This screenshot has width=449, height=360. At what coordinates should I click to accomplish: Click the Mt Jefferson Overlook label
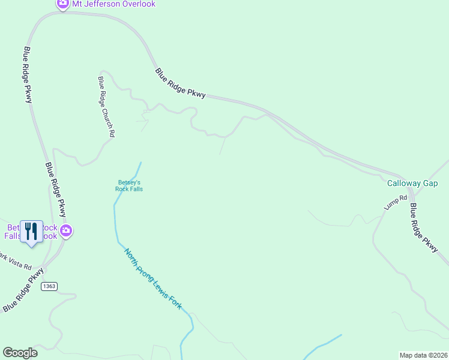113,4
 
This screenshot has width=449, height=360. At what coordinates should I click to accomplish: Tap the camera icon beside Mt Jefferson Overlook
62,4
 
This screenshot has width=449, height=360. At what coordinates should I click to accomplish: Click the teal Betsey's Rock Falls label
129,185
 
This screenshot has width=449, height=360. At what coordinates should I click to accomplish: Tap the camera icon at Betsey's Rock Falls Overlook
66,230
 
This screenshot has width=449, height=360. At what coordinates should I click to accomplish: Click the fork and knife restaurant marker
31,231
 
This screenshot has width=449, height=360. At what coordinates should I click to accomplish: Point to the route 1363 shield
49,286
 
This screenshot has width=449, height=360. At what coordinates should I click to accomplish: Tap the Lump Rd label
396,202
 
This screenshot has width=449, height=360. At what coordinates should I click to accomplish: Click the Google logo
20,353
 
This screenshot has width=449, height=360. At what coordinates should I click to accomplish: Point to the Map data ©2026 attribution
423,355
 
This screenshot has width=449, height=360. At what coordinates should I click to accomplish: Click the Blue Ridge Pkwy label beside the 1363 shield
23,290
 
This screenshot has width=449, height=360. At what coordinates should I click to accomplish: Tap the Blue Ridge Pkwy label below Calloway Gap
424,227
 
